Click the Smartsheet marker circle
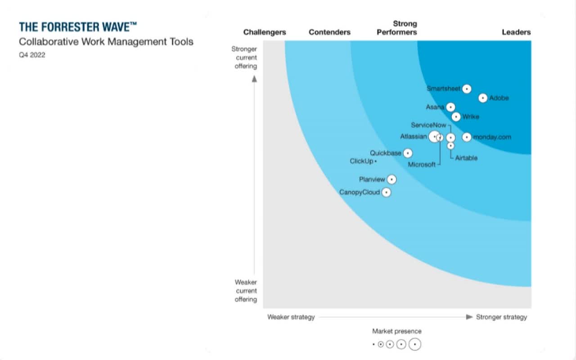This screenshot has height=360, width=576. coord(467,89)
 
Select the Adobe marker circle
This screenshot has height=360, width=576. coord(483,98)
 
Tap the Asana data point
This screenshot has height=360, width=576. coord(450,107)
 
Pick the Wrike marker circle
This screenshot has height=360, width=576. coord(456,117)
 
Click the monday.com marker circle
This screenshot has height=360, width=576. coord(467,137)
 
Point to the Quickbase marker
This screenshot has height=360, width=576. coord(408,153)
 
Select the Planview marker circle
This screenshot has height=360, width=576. coord(392,180)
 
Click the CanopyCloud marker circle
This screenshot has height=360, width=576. coord(386,193)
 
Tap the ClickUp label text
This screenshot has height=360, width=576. coord(361,161)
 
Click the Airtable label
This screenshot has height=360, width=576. coord(466,158)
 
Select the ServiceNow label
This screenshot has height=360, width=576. coord(428,125)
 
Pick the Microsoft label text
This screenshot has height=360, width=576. coord(422,165)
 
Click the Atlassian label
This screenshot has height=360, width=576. coord(413,136)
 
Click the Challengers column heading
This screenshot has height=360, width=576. coord(265,32)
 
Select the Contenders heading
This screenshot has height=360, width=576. coord(329,32)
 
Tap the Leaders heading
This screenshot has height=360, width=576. coord(516,32)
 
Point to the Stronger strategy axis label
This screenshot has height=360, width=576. coord(501,317)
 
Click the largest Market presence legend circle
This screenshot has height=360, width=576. coord(415,344)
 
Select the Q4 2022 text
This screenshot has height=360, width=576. coord(32,55)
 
